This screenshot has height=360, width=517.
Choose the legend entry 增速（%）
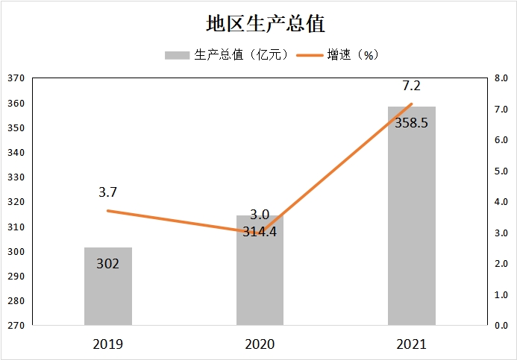[339, 55]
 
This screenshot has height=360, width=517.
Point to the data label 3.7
[107, 192]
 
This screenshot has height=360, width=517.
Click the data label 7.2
[411, 86]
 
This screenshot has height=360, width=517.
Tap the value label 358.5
[411, 123]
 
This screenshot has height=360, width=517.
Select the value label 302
[108, 263]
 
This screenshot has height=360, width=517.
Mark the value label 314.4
[260, 231]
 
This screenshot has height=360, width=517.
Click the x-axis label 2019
[108, 344]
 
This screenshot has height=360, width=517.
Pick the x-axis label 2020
[260, 344]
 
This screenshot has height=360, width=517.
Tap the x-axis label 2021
[411, 344]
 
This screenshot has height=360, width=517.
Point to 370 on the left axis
[16, 78]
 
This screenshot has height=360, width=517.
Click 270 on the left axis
[16, 326]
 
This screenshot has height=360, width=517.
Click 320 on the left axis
[16, 202]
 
